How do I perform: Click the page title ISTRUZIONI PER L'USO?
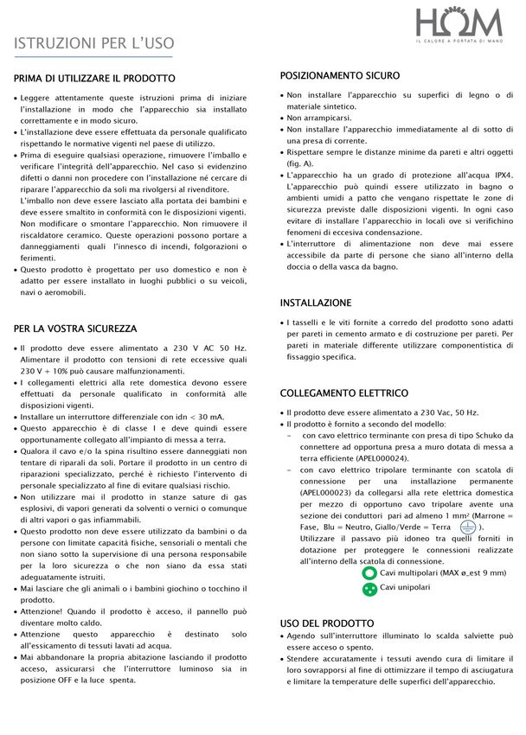coord(93,43)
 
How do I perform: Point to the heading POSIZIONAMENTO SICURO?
coord(340,75)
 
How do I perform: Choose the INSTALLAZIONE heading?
coord(316,303)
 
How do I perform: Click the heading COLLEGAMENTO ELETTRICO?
coord(344,393)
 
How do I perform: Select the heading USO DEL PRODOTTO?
coord(327,623)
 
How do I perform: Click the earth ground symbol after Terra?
coord(468,526)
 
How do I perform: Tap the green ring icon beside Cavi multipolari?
coord(369,572)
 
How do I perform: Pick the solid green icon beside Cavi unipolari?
coord(369,588)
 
